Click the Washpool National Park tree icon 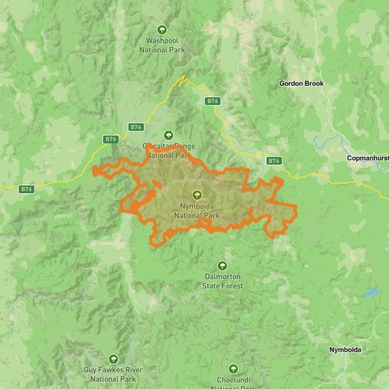pyautogui.click(x=162, y=29)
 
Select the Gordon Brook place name pyautogui.click(x=301, y=84)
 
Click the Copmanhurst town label pyautogui.click(x=367, y=158)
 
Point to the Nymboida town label pyautogui.click(x=345, y=350)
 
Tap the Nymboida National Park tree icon pyautogui.click(x=197, y=194)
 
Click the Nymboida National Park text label pyautogui.click(x=197, y=211)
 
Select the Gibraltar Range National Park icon pyautogui.click(x=169, y=135)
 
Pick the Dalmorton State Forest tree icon pyautogui.click(x=222, y=265)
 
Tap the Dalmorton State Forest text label pyautogui.click(x=222, y=281)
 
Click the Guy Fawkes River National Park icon pyautogui.click(x=113, y=359)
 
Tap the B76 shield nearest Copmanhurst pyautogui.click(x=274, y=161)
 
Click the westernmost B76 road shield pyautogui.click(x=26, y=189)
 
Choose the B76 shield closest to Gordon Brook pyautogui.click(x=213, y=101)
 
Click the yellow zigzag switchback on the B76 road pyautogui.click(x=182, y=81)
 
